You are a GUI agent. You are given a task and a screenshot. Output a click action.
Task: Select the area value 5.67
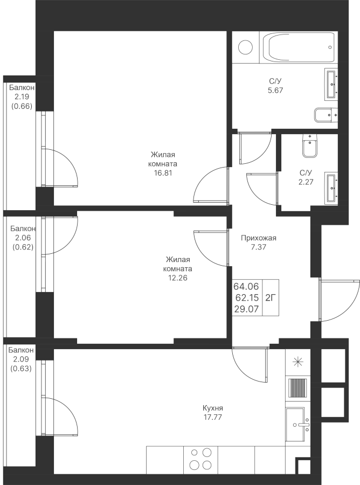click(275, 91)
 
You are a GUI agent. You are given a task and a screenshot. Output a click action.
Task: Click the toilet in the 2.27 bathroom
click(309, 145)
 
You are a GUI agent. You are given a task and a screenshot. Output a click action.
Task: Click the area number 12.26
click(178, 278)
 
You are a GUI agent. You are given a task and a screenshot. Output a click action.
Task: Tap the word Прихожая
click(260, 238)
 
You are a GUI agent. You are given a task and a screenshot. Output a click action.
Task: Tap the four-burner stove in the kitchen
click(200, 459)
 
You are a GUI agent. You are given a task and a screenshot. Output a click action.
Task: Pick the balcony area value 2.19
click(22, 96)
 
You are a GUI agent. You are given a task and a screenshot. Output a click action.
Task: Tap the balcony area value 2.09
click(22, 359)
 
